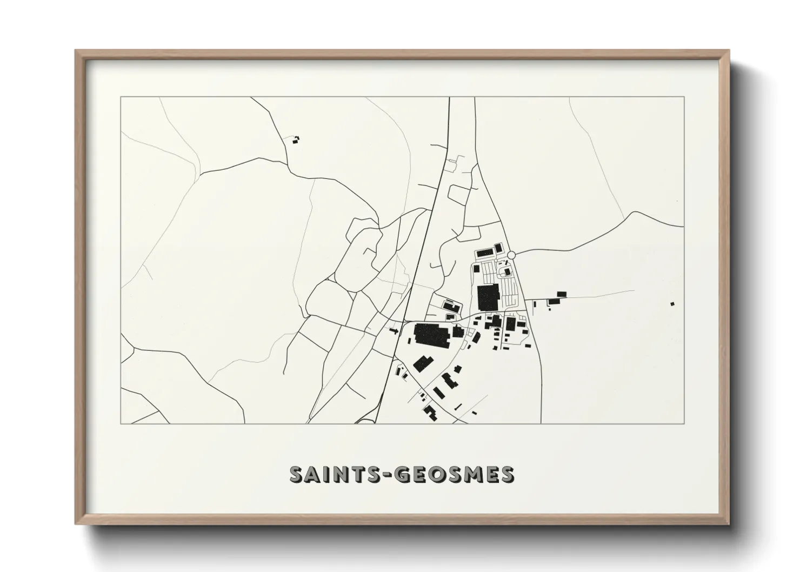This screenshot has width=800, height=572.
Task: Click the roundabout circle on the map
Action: click(x=511, y=255)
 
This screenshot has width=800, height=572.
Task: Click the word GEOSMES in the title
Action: click(x=454, y=474)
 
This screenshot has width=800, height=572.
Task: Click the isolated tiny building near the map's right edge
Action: click(x=672, y=304)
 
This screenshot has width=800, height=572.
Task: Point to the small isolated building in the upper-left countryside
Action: click(x=295, y=140)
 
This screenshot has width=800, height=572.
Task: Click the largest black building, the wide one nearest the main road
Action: click(x=431, y=335)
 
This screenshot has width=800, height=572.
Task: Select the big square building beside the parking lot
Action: click(x=489, y=297)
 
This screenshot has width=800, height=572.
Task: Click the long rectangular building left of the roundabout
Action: click(x=486, y=252)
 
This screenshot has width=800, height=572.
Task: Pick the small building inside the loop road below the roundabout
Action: click(x=506, y=271)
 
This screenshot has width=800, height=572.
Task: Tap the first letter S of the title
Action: click(x=296, y=474)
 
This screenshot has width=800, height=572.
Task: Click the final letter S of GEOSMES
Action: click(x=507, y=474)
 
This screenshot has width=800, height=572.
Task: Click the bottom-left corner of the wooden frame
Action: click(x=76, y=523)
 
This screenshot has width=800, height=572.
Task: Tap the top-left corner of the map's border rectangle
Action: click(x=121, y=97)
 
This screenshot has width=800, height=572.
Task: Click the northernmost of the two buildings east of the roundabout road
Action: click(x=561, y=294)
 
